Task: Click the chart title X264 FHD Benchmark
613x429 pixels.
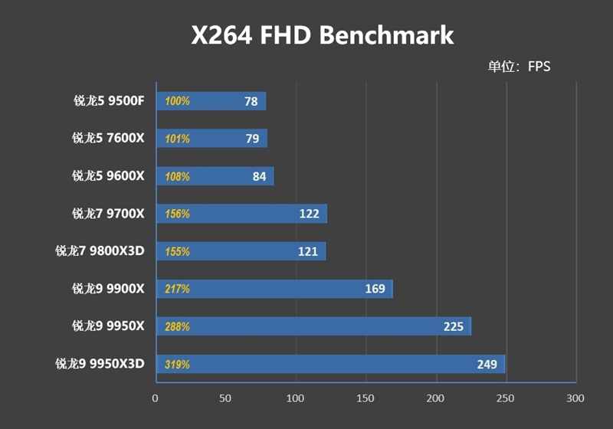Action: (322, 35)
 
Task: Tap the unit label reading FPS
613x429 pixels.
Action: (519, 67)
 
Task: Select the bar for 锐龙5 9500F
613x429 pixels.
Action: (211, 101)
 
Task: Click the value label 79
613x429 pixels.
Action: (251, 139)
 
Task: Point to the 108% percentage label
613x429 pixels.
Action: (177, 176)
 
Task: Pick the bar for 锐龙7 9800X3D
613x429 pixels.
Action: (241, 251)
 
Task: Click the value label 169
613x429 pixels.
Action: (375, 289)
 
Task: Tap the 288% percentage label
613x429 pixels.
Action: (177, 326)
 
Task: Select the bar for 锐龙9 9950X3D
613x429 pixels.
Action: (330, 364)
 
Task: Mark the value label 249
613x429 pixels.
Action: (487, 364)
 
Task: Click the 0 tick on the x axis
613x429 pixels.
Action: (156, 398)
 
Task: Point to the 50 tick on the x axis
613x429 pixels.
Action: (225, 398)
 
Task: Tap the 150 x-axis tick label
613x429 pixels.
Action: (366, 398)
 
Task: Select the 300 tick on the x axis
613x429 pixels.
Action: (575, 398)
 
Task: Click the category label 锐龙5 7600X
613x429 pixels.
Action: (108, 139)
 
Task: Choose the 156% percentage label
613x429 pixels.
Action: (177, 214)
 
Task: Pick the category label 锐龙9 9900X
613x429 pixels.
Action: (108, 289)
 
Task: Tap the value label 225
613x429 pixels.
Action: (454, 326)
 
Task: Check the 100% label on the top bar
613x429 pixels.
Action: (177, 101)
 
